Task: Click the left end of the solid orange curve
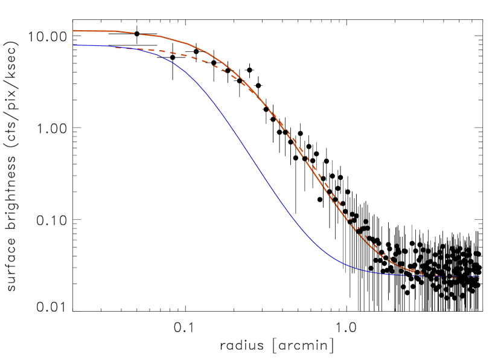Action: pos(74,30)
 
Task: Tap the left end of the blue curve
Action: pos(73,45)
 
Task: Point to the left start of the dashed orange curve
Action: pos(116,48)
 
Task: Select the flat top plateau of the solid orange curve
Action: pos(97,31)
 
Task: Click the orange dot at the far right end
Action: pos(479,278)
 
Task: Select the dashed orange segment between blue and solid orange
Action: pos(181,55)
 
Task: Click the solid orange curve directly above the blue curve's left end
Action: pos(74,30)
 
